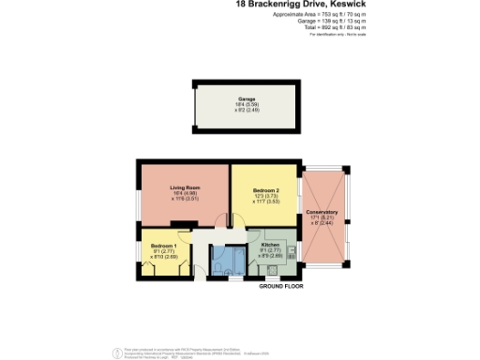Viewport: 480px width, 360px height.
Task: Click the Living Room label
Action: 184,187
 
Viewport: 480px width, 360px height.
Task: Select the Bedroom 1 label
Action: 163,245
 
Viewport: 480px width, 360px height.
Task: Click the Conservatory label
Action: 322,212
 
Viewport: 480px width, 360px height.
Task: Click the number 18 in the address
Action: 240,5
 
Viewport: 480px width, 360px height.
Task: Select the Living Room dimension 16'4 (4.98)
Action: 184,193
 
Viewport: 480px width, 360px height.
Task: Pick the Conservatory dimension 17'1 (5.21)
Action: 322,217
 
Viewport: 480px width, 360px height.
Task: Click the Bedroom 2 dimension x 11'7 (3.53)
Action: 266,202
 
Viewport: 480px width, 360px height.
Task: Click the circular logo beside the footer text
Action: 116,352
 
